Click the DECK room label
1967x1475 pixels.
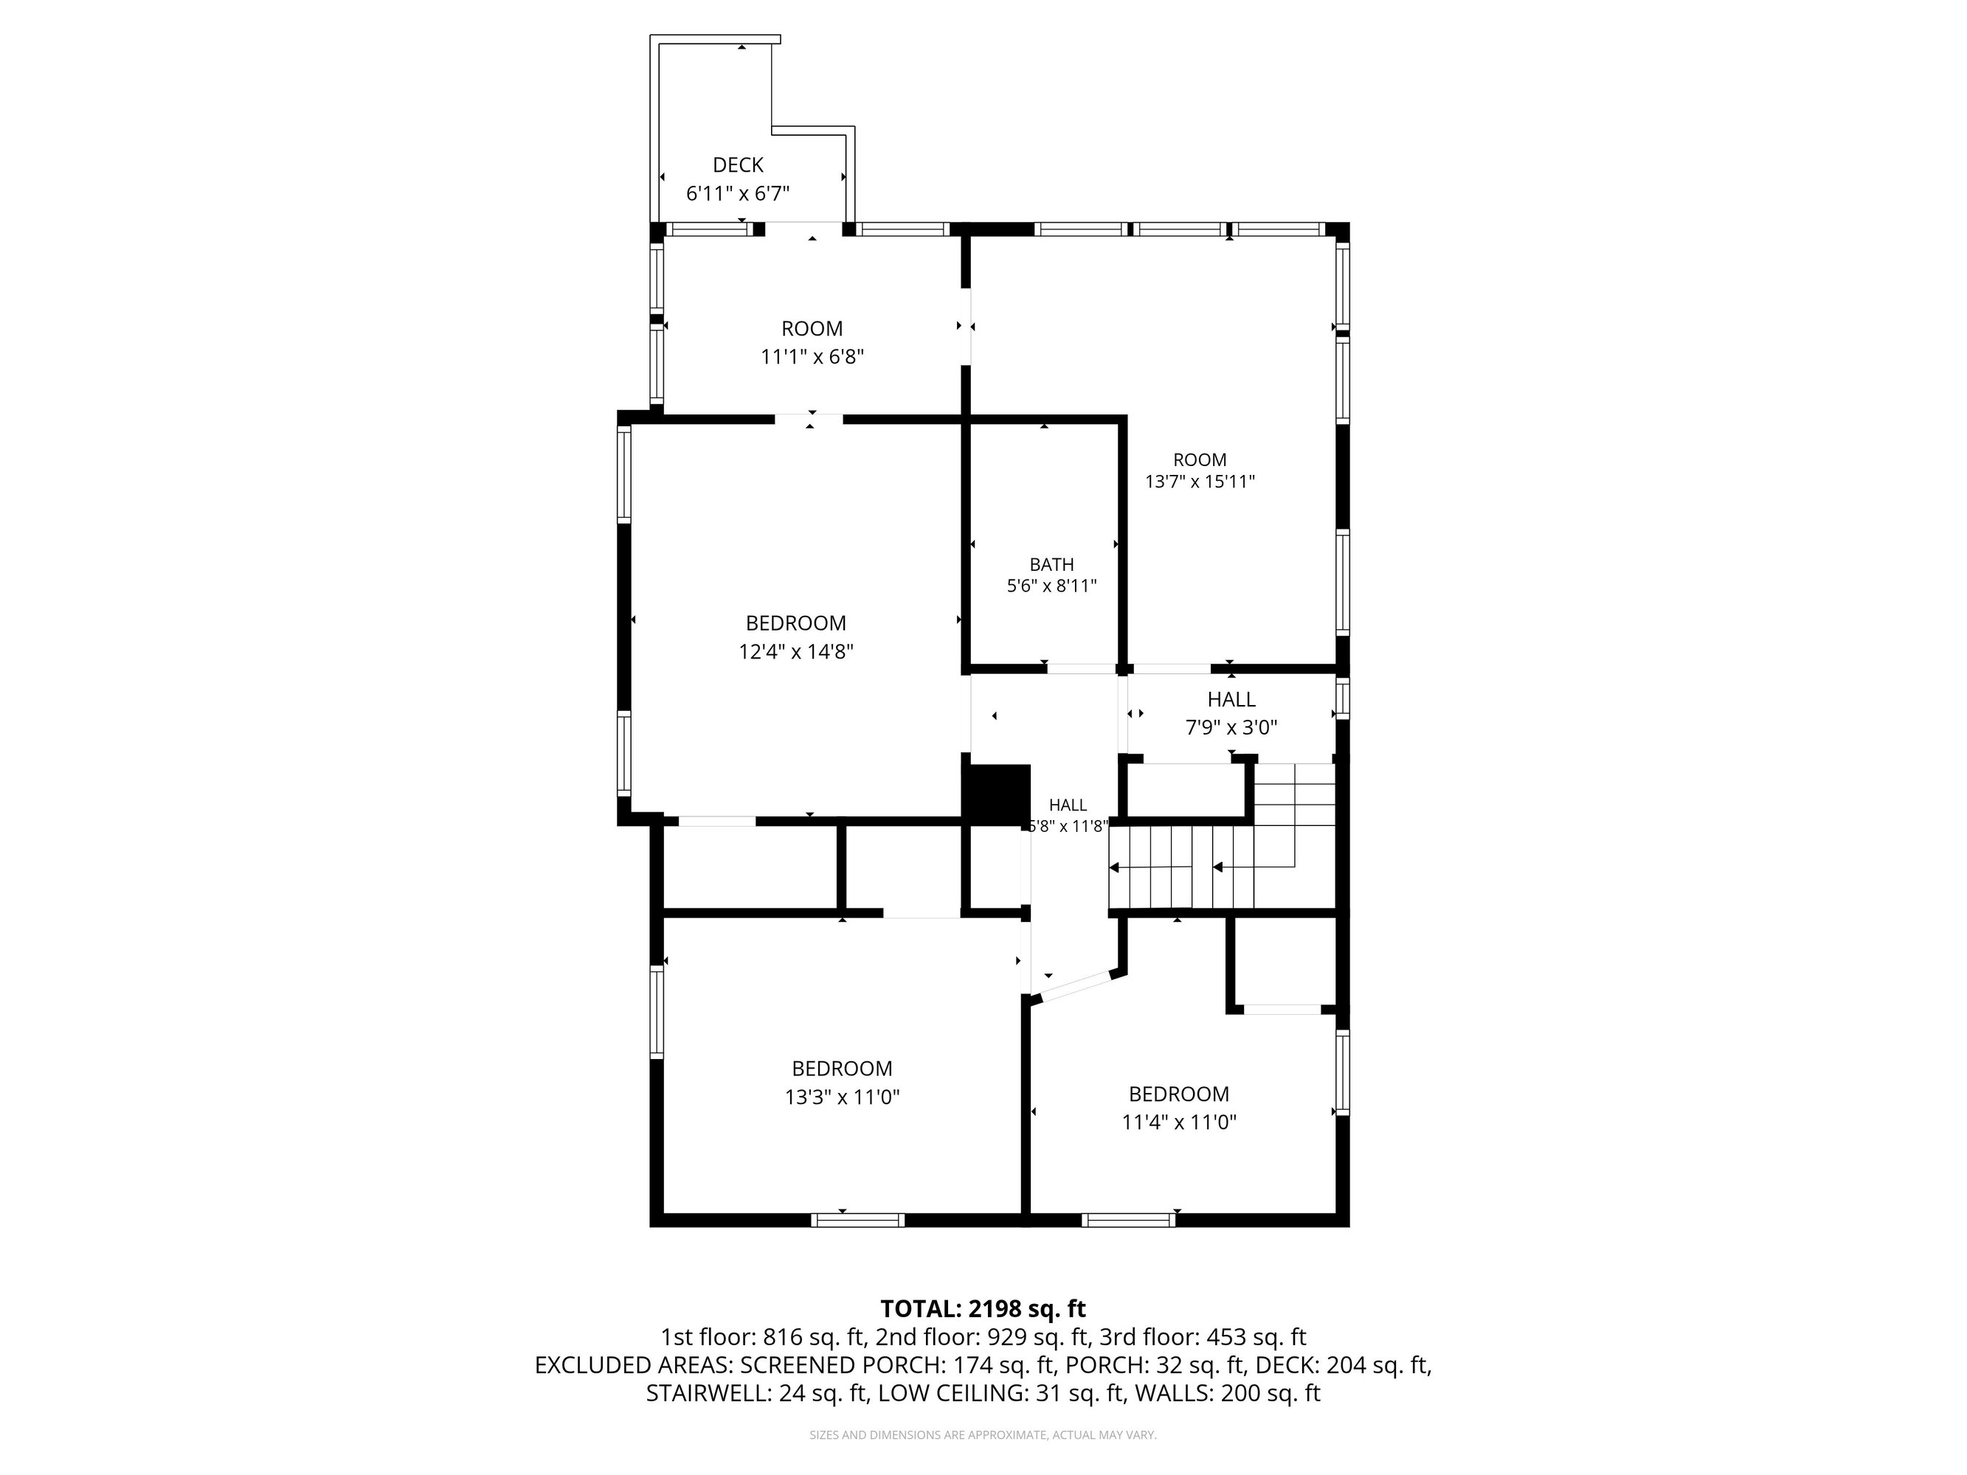pyautogui.click(x=738, y=164)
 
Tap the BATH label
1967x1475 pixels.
pyautogui.click(x=1052, y=565)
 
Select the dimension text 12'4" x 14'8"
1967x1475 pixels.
pyautogui.click(x=796, y=652)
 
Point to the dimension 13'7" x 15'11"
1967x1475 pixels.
pyautogui.click(x=1200, y=482)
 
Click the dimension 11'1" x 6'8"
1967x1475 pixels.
pyautogui.click(x=812, y=356)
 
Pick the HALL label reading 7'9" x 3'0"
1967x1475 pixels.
pyautogui.click(x=1231, y=700)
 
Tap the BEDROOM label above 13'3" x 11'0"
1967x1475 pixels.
pyautogui.click(x=842, y=1069)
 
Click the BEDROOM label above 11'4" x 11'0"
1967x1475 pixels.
pyautogui.click(x=1179, y=1094)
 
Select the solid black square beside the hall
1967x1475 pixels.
pyautogui.click(x=998, y=794)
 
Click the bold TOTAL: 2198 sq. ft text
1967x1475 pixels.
pyautogui.click(x=983, y=1309)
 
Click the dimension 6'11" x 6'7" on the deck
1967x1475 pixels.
pyautogui.click(x=738, y=193)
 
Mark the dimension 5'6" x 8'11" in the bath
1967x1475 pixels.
pyautogui.click(x=1052, y=586)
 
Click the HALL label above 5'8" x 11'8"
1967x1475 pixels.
pyautogui.click(x=1067, y=805)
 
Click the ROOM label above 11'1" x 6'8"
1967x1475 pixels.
pyautogui.click(x=812, y=329)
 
